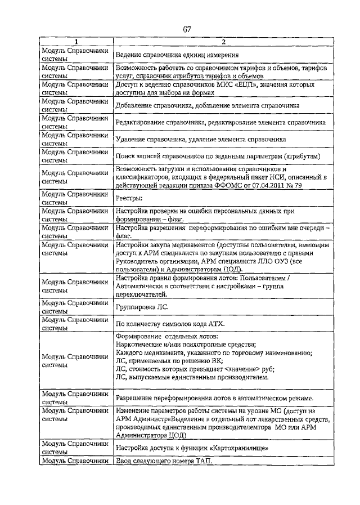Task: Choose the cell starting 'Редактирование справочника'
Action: pyautogui.click(x=220, y=122)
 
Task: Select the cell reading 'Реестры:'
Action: pyautogui.click(x=129, y=198)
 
